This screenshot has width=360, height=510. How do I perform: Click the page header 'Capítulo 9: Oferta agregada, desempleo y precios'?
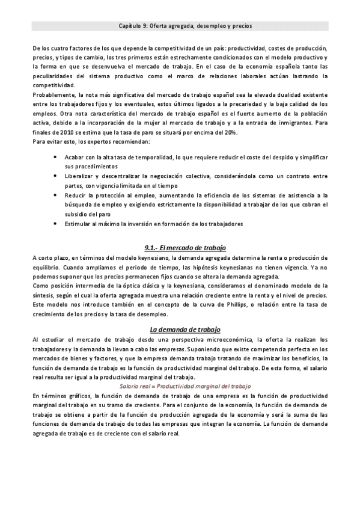[180, 26]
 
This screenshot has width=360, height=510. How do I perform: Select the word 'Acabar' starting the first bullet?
[75, 156]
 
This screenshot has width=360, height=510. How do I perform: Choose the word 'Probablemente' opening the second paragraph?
[54, 94]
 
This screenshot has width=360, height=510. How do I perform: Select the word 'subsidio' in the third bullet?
[78, 214]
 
